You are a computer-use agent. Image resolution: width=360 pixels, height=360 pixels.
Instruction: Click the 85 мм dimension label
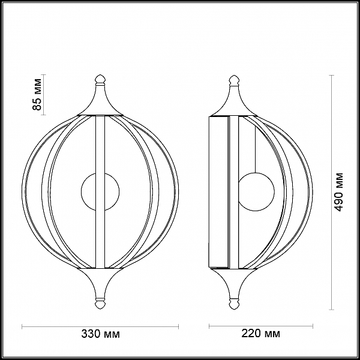point(37,94)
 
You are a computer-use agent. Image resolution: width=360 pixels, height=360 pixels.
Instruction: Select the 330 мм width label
point(100,334)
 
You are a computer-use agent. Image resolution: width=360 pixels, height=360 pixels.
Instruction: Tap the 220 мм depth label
point(260,334)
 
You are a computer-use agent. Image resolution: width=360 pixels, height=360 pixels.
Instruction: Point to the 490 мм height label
point(338,192)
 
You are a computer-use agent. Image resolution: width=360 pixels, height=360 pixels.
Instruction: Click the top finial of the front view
point(100,80)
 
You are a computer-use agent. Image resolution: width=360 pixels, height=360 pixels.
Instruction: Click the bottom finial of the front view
point(100,303)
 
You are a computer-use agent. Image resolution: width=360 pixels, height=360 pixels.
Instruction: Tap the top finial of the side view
point(234,80)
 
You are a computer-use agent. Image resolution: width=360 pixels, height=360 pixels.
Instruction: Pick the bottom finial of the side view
point(234,304)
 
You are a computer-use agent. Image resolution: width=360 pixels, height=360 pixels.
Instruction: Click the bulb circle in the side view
point(256,192)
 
